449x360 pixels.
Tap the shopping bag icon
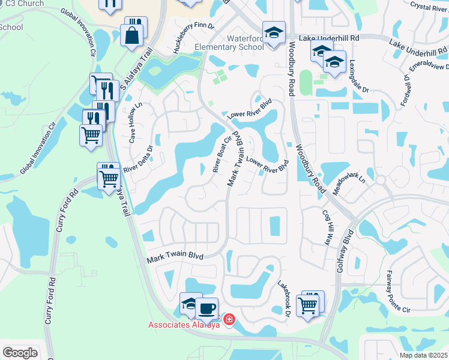tap(131, 35)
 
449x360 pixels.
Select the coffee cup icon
tap(206, 308)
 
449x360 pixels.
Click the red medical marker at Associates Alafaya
tap(228, 320)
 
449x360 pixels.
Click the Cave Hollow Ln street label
tap(134, 122)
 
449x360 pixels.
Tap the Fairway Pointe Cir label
tap(397, 298)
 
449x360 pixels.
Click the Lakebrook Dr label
tap(284, 298)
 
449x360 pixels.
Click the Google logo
tap(20, 353)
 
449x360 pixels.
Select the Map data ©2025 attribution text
tap(423, 355)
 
